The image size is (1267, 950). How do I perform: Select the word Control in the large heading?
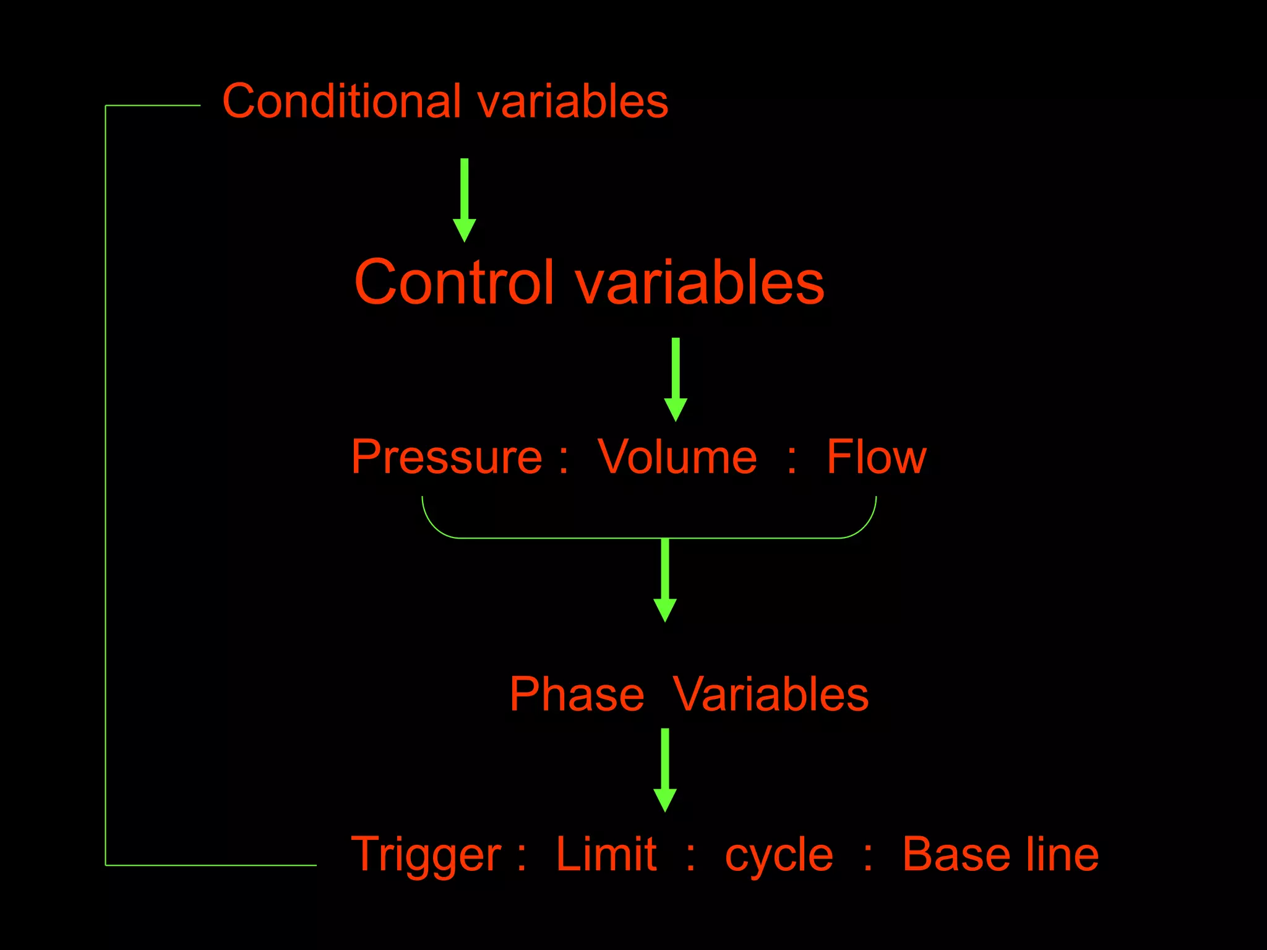(x=454, y=282)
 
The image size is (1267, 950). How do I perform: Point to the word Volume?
(x=677, y=457)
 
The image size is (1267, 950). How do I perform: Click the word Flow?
(x=876, y=457)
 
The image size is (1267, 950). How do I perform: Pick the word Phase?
(x=577, y=695)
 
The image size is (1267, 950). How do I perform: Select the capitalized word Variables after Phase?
(x=771, y=695)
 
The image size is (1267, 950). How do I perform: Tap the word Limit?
(x=606, y=854)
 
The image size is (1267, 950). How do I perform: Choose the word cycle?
(x=779, y=857)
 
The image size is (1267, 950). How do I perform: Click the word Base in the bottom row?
(x=955, y=854)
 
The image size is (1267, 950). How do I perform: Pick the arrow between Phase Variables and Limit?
(x=665, y=769)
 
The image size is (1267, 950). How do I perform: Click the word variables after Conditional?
(x=573, y=102)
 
